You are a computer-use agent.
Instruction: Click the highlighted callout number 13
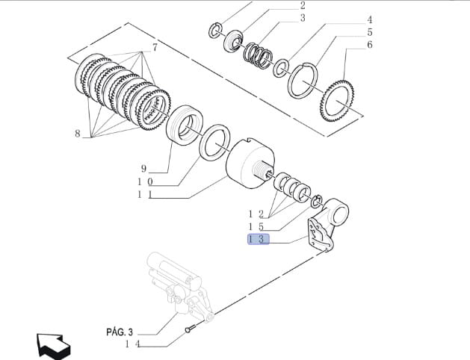pyautogui.click(x=257, y=239)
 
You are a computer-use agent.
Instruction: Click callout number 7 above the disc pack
pyautogui.click(x=155, y=48)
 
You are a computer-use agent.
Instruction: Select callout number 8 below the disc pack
pyautogui.click(x=77, y=134)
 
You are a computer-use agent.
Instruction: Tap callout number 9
pyautogui.click(x=143, y=168)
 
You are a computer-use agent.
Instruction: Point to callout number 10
pyautogui.click(x=144, y=181)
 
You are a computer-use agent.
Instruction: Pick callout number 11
pyautogui.click(x=144, y=195)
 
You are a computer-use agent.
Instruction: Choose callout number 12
pyautogui.click(x=257, y=214)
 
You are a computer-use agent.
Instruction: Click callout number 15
pyautogui.click(x=257, y=226)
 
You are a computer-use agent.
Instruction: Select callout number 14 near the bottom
pyautogui.click(x=132, y=344)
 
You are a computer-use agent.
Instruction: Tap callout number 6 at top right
pyautogui.click(x=369, y=46)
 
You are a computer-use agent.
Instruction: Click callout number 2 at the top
pyautogui.click(x=303, y=5)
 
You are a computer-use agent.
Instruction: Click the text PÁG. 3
pyautogui.click(x=118, y=331)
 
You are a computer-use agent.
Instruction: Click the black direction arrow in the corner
pyautogui.click(x=53, y=346)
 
